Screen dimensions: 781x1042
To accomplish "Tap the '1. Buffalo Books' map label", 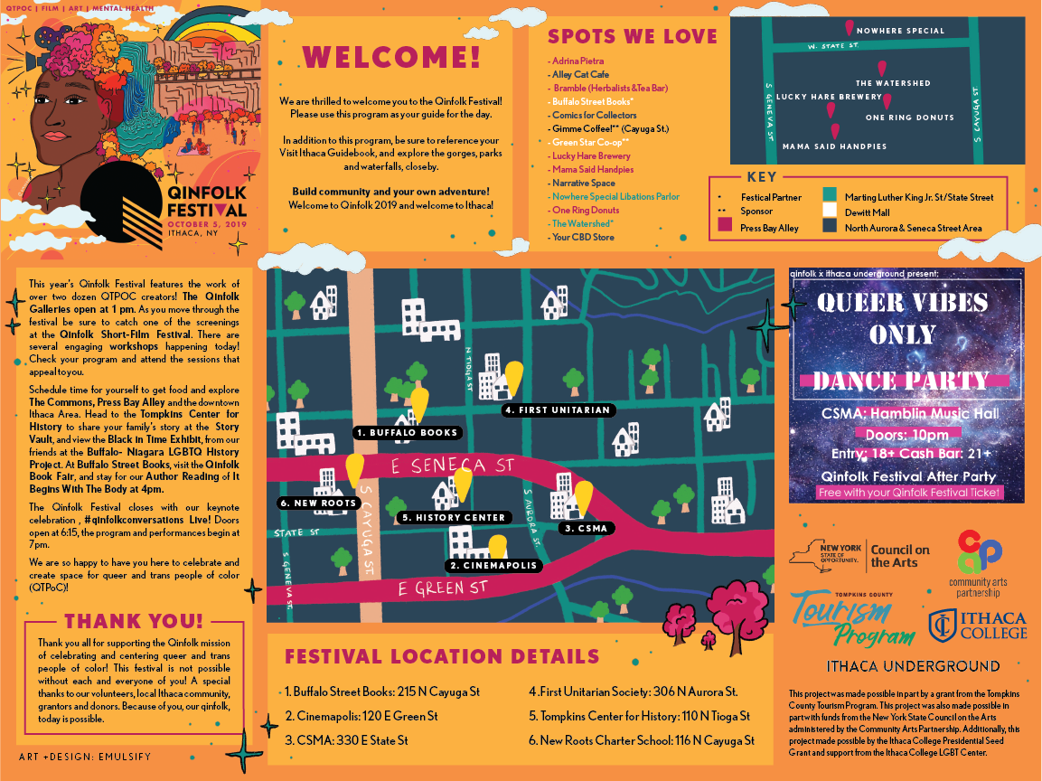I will coord(407,433).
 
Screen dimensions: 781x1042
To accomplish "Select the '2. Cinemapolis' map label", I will coord(493,566).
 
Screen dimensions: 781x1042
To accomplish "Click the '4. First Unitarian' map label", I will coord(559,410).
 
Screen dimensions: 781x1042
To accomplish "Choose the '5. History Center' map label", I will coord(455,518).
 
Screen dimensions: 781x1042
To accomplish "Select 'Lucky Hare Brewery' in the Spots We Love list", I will coord(592,155).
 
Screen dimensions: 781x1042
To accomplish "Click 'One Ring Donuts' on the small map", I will coord(909,118).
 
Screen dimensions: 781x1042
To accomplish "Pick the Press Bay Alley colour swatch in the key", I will coord(724,226).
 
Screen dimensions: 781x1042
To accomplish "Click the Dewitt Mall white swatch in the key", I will coord(830,212).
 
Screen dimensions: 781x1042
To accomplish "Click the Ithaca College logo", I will coord(978,625).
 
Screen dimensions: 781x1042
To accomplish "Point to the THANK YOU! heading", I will coord(134,621).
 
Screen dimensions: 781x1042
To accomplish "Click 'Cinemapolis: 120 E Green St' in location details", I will coord(361,716).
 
